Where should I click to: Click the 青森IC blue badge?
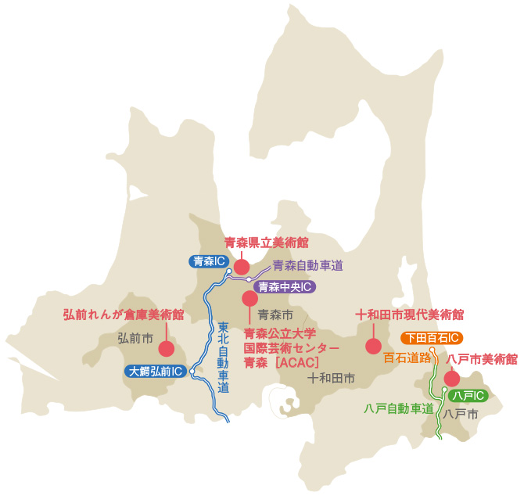point(210,261)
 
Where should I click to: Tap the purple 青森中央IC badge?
point(285,286)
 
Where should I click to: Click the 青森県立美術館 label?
point(266,243)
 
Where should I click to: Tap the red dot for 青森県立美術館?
point(242,267)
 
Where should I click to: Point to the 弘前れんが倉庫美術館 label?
point(124,314)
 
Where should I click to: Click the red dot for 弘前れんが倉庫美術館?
point(166,349)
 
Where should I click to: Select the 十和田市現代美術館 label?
point(410,314)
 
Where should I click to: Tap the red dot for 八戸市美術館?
point(451,379)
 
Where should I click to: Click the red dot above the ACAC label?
point(249,298)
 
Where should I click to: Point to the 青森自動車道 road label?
point(307,265)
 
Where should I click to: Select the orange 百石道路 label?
point(407,359)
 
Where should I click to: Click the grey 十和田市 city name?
point(332,377)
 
